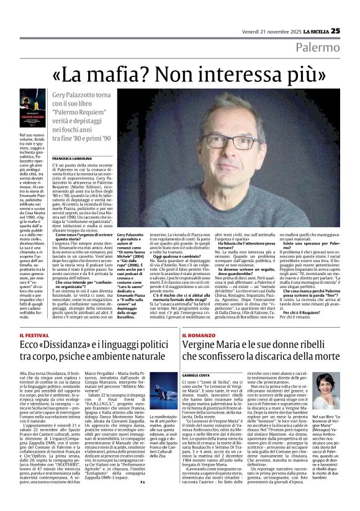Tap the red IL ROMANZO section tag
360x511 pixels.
coord(199,336)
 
